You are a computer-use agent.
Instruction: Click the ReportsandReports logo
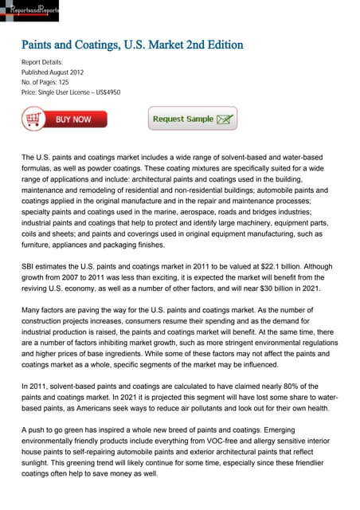point(29,10)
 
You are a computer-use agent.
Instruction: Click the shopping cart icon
point(34,120)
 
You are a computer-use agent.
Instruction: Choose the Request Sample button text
point(183,119)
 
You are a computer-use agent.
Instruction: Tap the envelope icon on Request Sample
point(226,120)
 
